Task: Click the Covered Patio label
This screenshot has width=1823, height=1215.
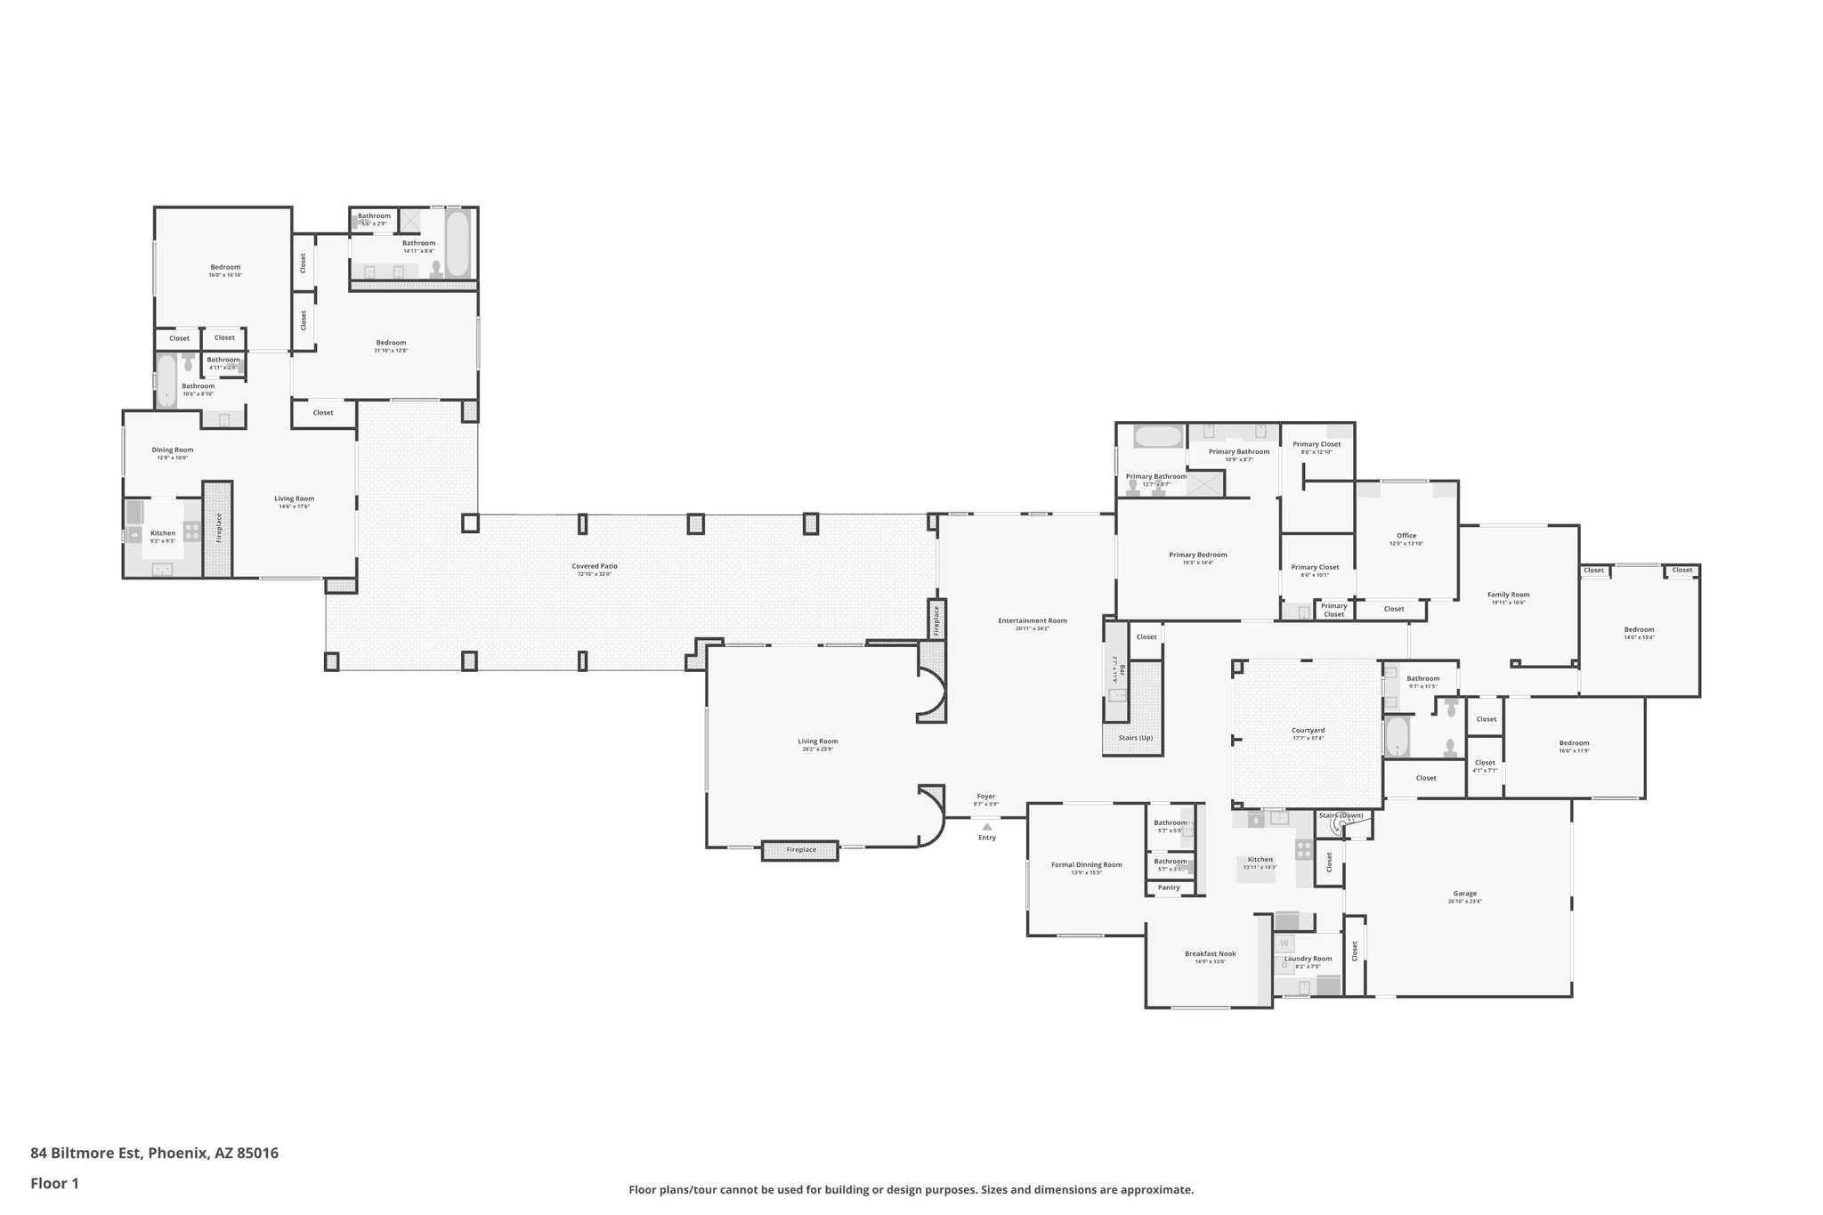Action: click(x=594, y=566)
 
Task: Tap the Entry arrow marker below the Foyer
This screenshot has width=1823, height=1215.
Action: click(x=986, y=827)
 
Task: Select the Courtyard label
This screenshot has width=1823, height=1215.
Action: click(x=1308, y=730)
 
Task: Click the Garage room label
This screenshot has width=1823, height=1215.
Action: click(x=1464, y=894)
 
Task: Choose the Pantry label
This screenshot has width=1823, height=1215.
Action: click(x=1169, y=887)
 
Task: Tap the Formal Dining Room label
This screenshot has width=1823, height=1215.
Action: click(x=1086, y=864)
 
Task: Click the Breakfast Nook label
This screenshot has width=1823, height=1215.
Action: click(x=1210, y=953)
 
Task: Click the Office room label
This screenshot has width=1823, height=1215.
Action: click(x=1406, y=536)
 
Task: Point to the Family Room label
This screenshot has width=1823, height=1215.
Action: click(x=1508, y=595)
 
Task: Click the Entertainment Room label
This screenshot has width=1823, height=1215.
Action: click(x=1032, y=620)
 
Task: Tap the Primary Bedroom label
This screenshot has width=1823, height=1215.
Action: click(x=1197, y=555)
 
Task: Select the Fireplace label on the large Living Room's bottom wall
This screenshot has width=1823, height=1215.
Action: click(x=800, y=850)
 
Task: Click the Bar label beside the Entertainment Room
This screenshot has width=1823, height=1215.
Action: click(x=1122, y=668)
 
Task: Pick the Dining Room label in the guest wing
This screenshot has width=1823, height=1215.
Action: click(x=172, y=450)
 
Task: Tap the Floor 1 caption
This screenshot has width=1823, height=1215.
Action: click(x=54, y=1184)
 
